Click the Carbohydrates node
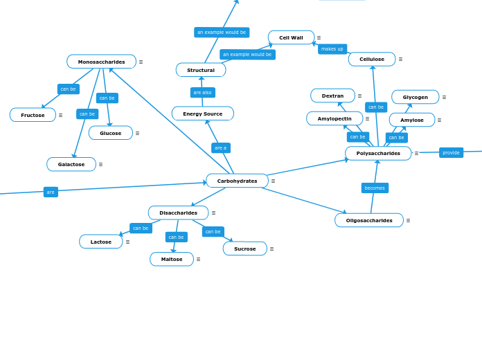[237, 181]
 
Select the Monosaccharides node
[101, 62]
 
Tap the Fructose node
[33, 115]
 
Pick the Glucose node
[110, 133]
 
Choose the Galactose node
[71, 164]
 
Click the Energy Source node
[202, 114]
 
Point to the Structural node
[201, 70]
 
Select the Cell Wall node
[291, 37]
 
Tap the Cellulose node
[372, 60]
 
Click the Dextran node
[332, 96]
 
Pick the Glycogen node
[415, 97]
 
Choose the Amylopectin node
[334, 118]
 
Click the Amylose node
[411, 120]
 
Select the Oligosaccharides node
[369, 220]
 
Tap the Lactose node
[100, 242]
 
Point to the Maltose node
[172, 259]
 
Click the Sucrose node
[244, 249]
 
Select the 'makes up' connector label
[332, 49]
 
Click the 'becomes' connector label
[375, 188]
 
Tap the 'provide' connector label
[451, 152]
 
